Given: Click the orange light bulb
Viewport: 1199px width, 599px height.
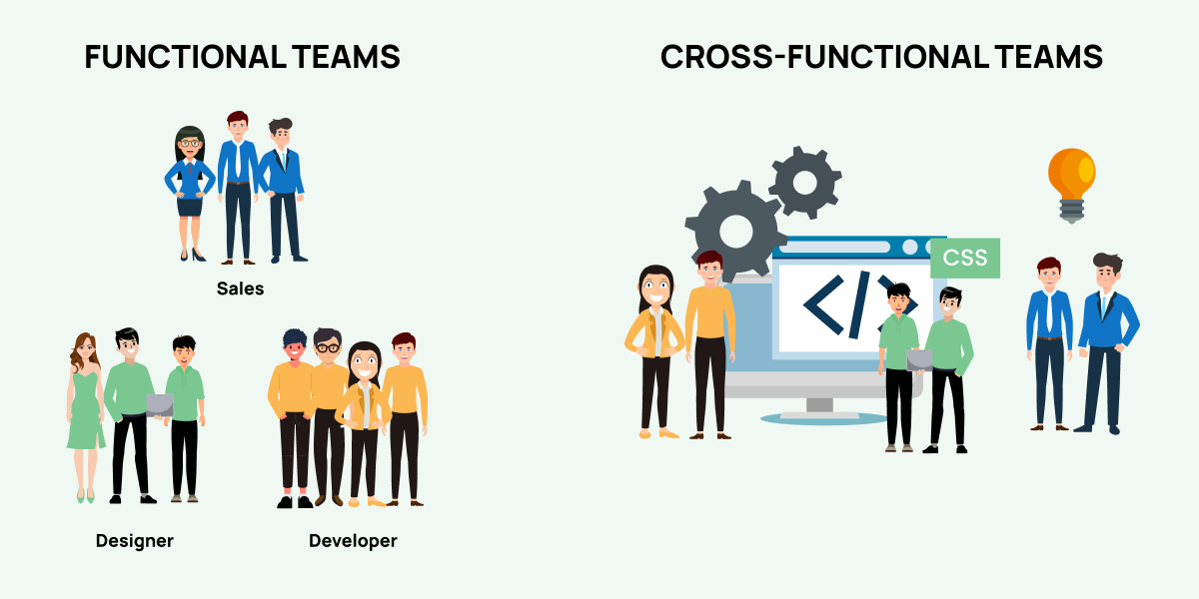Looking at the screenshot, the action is coord(1071,185).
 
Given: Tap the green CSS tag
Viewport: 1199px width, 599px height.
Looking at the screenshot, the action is coord(965,258).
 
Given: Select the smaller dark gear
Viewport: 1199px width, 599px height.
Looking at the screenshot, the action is coord(805,183).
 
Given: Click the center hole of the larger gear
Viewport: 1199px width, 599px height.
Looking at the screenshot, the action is coord(736,231).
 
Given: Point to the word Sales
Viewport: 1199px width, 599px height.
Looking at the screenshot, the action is coord(241,289).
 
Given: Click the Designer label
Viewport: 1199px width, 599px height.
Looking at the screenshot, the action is coord(134,541).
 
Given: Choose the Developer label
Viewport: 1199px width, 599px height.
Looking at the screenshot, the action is coord(353,541).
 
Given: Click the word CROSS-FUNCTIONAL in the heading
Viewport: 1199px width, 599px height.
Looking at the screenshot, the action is coord(825,57).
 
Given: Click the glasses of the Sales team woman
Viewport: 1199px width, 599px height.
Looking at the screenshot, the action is coord(190,143).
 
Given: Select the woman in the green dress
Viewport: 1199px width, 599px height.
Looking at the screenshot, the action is coord(86,417).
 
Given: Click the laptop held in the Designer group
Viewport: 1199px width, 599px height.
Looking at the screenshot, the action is coord(160,406).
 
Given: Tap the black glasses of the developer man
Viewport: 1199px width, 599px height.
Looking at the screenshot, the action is coord(328,348).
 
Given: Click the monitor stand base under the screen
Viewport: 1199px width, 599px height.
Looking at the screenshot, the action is coord(819,417).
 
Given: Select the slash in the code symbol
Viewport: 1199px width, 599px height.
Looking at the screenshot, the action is coord(858,304).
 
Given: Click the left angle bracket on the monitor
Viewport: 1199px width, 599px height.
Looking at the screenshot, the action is coord(823,304).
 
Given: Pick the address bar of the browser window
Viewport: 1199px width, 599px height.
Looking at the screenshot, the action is coord(834,248).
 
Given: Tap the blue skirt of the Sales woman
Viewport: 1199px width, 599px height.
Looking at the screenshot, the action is coord(190,207).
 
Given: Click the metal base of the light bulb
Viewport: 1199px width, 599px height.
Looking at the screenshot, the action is coord(1071,212).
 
